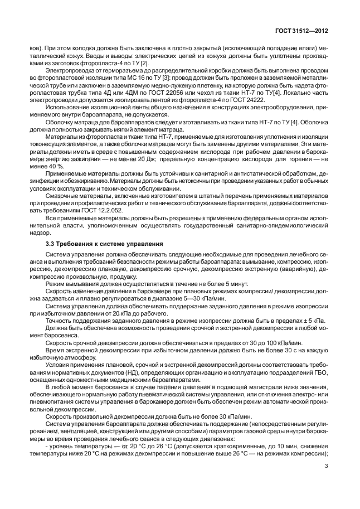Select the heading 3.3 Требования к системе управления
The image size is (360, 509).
click(x=104, y=244)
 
